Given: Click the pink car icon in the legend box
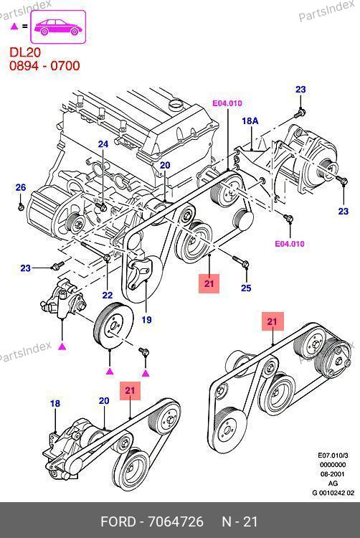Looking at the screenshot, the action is (58, 27).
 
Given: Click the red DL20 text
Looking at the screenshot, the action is (25, 52).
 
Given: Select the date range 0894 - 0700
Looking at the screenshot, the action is (44, 66).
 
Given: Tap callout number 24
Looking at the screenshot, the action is (103, 144).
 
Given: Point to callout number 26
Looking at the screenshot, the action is (21, 187).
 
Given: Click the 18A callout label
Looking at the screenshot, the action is (250, 121).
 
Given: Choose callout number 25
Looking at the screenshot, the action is (246, 288).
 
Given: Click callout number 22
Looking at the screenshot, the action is (108, 295).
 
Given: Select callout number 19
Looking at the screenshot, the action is (147, 320).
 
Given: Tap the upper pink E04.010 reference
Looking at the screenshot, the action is (227, 103).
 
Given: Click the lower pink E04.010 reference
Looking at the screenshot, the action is (290, 244).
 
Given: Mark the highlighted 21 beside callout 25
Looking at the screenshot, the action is (209, 283).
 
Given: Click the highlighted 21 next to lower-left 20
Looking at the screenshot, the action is (130, 390).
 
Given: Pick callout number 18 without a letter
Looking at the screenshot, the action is (55, 403).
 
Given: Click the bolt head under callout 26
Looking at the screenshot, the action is (21, 207).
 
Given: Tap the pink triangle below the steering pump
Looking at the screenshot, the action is (62, 346).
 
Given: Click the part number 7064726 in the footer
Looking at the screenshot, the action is (176, 522).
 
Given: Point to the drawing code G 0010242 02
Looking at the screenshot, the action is (333, 493).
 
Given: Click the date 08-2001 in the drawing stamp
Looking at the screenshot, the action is (333, 474).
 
